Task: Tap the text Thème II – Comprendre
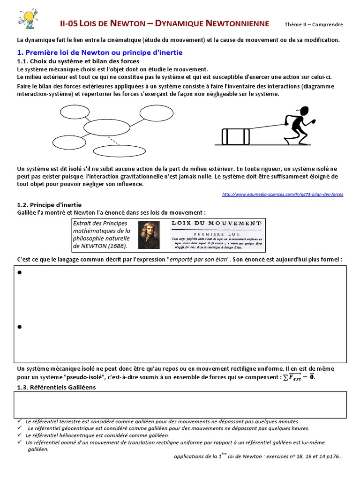point(314,24)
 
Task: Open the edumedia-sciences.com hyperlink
point(283,194)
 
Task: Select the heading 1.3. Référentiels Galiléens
point(56,387)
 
